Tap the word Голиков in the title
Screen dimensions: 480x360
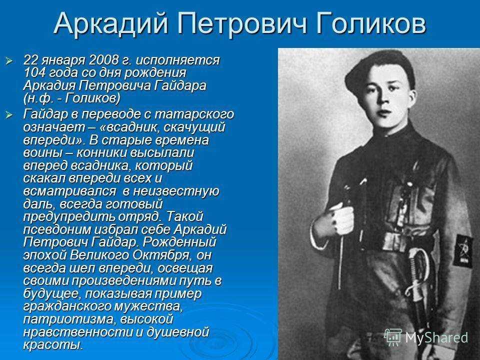point(370,23)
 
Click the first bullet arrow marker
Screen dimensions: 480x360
point(9,60)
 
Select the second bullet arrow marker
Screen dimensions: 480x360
point(9,115)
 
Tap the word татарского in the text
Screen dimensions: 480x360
point(194,114)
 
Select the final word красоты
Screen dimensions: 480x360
point(53,345)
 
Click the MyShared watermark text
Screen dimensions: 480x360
point(436,337)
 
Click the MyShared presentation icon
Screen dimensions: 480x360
point(393,337)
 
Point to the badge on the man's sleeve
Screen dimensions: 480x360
point(462,250)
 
